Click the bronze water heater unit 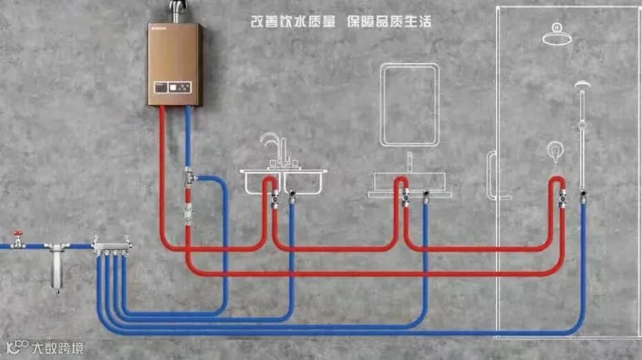point(175,64)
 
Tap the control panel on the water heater point(173,87)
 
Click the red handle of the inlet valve point(18,234)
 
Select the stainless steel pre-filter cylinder point(57,267)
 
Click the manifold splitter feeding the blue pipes point(112,245)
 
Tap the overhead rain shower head point(557,34)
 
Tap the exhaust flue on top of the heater point(178,11)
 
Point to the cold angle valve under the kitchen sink point(292,196)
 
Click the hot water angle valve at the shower point(563,198)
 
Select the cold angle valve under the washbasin point(426,197)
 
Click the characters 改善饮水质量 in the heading point(292,21)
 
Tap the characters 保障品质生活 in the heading point(389,21)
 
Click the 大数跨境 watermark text point(58,349)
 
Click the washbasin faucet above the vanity point(409,162)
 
